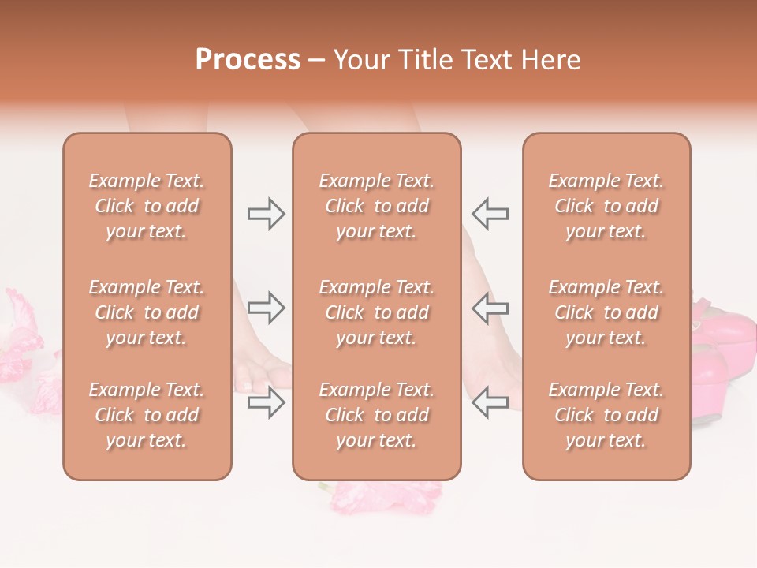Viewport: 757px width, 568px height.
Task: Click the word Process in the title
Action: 248,60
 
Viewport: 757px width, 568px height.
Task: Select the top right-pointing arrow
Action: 266,214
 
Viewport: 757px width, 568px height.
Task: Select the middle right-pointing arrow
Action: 266,308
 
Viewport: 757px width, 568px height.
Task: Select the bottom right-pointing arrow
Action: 266,402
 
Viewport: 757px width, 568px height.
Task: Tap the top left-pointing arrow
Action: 490,214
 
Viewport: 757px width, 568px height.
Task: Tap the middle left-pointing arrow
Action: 490,308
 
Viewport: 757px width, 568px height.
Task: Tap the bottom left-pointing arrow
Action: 490,402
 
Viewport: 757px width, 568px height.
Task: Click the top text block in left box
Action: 147,206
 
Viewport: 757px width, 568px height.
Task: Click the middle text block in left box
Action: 147,312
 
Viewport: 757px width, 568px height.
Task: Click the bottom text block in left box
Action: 147,415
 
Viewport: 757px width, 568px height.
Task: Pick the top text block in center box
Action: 376,206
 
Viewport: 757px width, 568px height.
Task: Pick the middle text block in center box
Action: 376,312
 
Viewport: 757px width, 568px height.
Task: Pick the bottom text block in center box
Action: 376,415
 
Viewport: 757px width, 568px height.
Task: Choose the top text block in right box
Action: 606,206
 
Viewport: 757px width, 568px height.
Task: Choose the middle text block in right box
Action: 606,312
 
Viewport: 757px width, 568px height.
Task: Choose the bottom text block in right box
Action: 606,415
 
